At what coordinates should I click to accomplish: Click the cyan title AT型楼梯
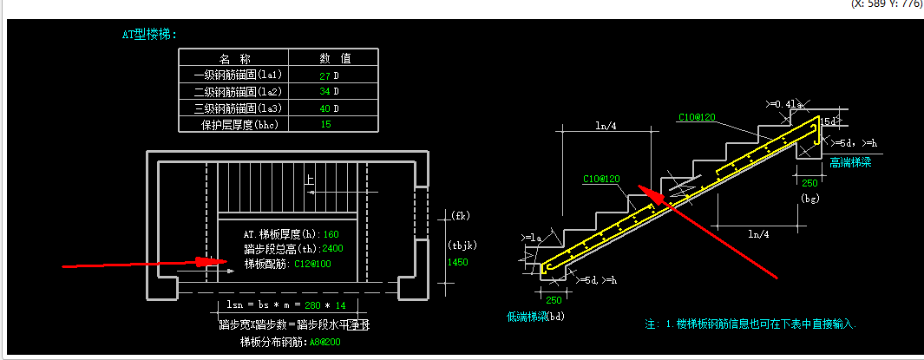click(148, 35)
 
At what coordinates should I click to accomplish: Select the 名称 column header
click(233, 59)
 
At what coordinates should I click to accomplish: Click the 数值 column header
click(333, 59)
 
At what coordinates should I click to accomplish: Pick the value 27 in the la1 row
click(324, 75)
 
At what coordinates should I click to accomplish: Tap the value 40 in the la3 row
click(324, 108)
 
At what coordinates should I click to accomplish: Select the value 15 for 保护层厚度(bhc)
click(325, 125)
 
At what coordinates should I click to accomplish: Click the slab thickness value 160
click(331, 234)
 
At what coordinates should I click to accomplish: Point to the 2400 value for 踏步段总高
click(332, 249)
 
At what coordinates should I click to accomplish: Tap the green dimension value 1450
click(457, 261)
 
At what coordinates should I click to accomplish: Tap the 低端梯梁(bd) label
click(535, 317)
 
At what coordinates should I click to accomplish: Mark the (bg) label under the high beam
click(809, 200)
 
